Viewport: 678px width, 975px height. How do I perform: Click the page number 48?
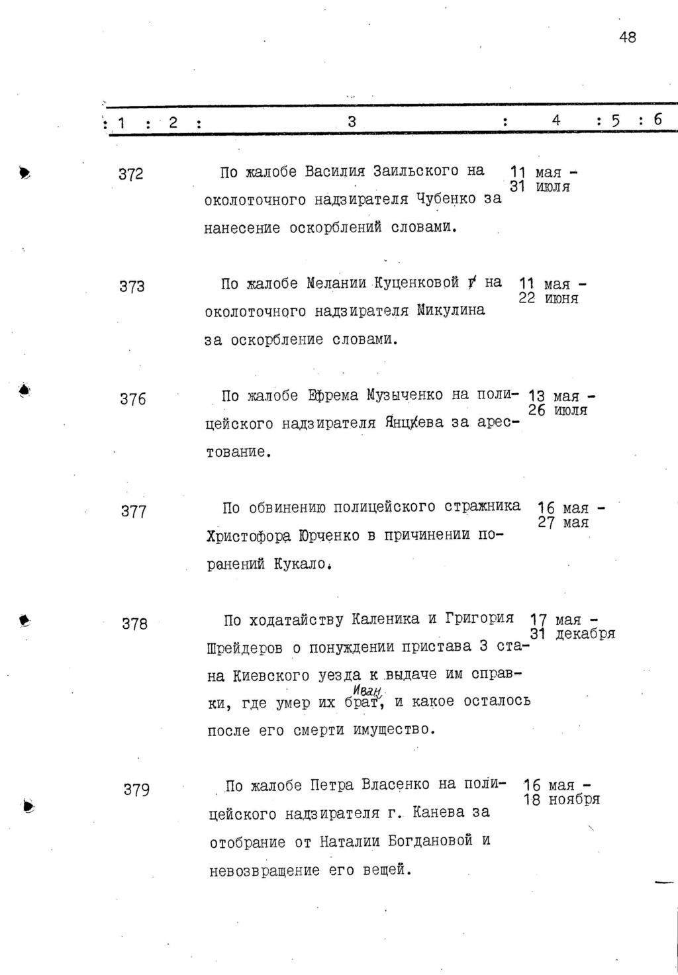[627, 38]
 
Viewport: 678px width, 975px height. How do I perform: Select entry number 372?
[130, 175]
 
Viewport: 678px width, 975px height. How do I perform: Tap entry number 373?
[132, 287]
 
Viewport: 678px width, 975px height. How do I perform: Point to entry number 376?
[132, 399]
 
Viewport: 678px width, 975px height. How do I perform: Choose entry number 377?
[133, 512]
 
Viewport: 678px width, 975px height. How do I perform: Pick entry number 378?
[134, 624]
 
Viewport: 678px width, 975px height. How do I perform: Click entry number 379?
[136, 790]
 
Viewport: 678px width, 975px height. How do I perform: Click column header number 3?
[352, 121]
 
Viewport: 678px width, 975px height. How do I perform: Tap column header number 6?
[657, 120]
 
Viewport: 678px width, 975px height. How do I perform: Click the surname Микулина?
[451, 310]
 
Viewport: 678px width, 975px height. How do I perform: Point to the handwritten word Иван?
[358, 690]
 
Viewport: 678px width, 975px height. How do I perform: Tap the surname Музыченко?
[405, 396]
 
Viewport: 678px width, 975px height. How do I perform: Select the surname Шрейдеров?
[244, 649]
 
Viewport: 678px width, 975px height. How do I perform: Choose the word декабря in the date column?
[585, 634]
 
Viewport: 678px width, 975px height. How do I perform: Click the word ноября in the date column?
[574, 800]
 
